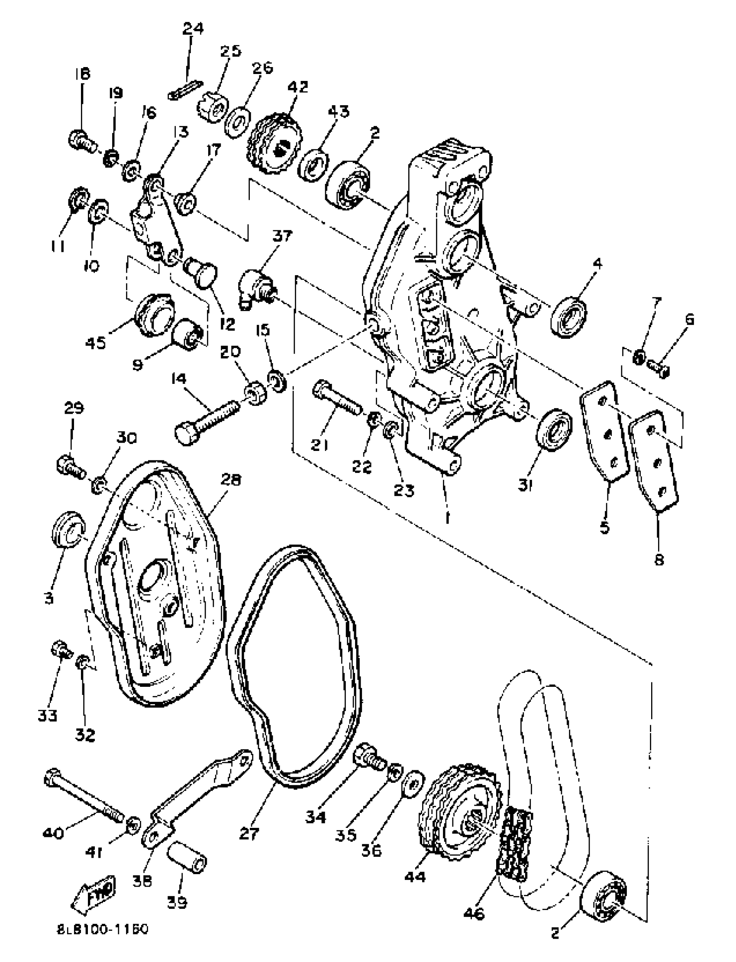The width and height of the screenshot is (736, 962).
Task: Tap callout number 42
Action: click(297, 86)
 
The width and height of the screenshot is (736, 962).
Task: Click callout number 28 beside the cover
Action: click(231, 481)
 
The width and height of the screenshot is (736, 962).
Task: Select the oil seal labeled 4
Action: click(568, 317)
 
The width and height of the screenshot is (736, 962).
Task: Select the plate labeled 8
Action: click(654, 459)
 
